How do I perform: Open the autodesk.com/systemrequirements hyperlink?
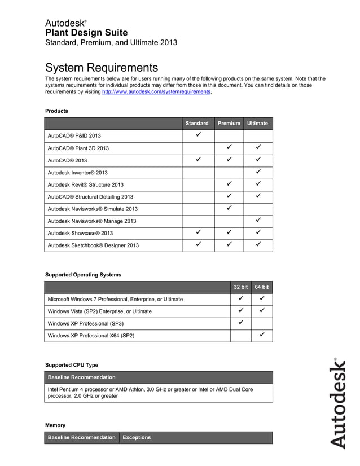[156, 91]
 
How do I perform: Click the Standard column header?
[197, 123]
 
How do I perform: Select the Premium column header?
[229, 123]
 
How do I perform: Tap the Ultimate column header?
[257, 123]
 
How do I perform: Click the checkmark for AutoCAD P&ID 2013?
[197, 135]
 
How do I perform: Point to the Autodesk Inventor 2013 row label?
[77, 173]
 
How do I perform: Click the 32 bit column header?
[240, 287]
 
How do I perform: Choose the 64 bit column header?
[262, 287]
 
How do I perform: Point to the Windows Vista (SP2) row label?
[99, 311]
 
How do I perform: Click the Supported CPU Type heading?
[71, 365]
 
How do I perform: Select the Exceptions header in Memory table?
[137, 437]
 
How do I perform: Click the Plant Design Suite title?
[86, 33]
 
